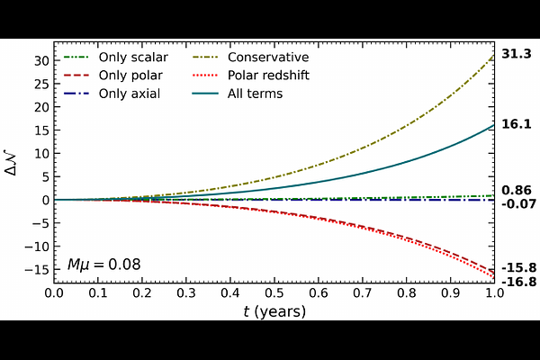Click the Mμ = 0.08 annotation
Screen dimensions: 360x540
click(x=104, y=265)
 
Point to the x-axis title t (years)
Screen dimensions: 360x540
click(x=274, y=311)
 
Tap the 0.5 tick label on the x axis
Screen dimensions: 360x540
click(x=274, y=293)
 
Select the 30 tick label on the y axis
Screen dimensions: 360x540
click(x=40, y=60)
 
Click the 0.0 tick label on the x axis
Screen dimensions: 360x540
click(x=54, y=293)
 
